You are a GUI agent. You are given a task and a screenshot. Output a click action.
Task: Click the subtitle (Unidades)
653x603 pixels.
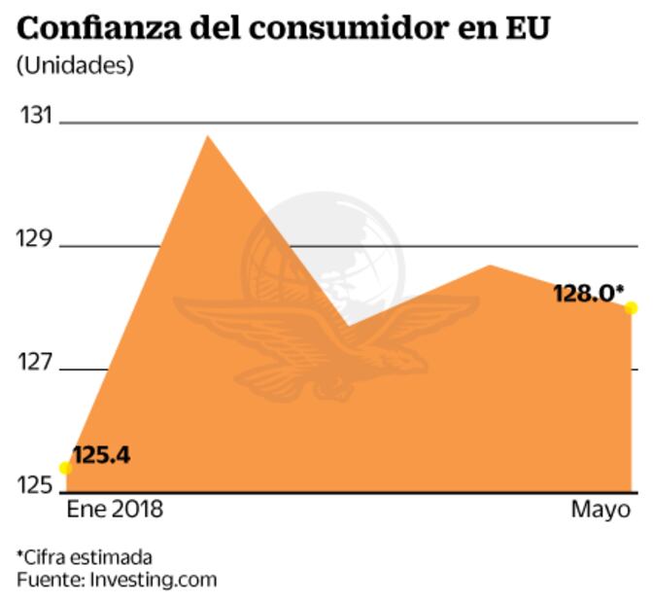pos(75,67)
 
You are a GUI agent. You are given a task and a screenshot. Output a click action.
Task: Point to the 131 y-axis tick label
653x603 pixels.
pos(34,116)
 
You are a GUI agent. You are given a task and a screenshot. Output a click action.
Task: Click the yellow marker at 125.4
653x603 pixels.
pos(65,468)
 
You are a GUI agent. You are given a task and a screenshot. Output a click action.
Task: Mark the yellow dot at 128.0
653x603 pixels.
pos(631,308)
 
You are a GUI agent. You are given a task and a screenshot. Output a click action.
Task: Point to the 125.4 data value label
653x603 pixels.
pos(101,454)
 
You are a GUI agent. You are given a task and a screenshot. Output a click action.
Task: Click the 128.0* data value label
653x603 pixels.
pos(587,292)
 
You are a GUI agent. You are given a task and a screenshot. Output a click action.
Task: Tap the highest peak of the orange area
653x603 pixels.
pos(206,137)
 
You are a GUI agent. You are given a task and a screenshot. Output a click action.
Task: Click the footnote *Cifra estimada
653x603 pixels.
pos(85,557)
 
